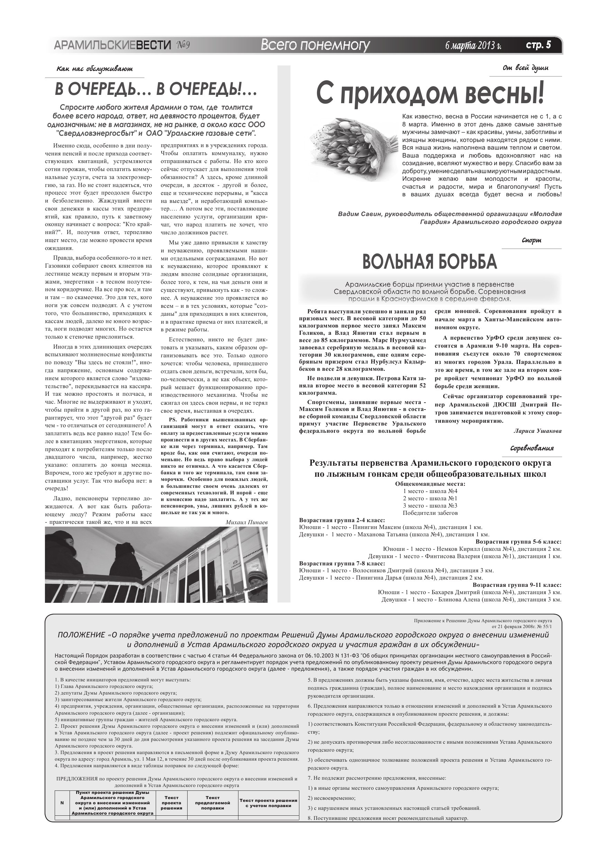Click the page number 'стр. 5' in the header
point(538,45)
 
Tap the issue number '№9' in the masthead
point(183,46)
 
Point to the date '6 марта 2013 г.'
point(473,46)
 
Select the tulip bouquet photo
point(353,148)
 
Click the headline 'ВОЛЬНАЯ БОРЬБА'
point(430,261)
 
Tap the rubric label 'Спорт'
point(532,241)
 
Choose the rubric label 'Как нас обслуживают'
point(94,69)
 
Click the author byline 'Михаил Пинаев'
point(246,522)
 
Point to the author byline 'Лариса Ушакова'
point(537,431)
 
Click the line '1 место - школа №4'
point(430,491)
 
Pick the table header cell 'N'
point(62,803)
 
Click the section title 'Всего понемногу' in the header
point(315,46)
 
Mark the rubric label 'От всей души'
point(525,68)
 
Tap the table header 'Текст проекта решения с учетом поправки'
point(268,803)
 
